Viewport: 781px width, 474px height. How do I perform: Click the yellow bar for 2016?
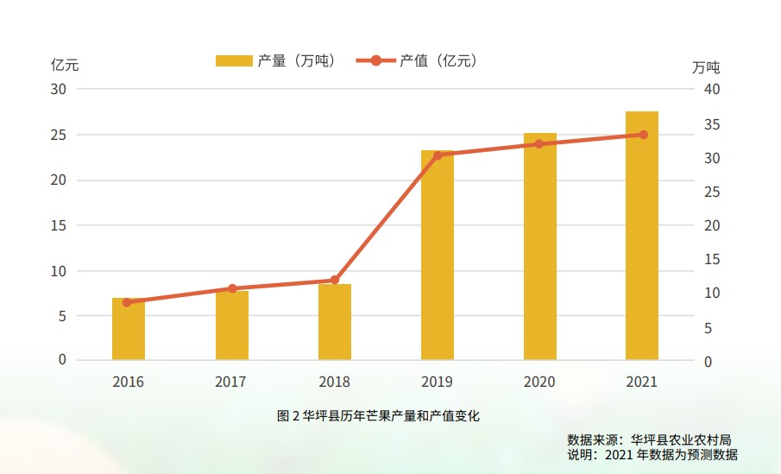click(129, 329)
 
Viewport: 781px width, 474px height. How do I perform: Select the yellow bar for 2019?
click(438, 256)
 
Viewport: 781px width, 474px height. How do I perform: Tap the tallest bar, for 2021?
click(642, 236)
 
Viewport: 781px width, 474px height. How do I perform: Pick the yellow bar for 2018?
click(335, 322)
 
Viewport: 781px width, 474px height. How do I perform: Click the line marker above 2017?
click(232, 288)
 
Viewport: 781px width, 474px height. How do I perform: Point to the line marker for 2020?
click(540, 144)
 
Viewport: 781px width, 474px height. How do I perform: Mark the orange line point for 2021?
click(643, 135)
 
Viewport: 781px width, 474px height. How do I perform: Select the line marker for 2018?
click(335, 280)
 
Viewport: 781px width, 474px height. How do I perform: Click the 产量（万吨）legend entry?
click(274, 60)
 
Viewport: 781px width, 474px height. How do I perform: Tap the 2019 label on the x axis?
click(437, 382)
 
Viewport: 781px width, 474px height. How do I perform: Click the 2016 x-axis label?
click(129, 382)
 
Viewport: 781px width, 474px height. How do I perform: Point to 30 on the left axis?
click(58, 89)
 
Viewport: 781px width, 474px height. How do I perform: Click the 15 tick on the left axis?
click(58, 225)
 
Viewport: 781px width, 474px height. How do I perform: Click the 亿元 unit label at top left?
click(65, 65)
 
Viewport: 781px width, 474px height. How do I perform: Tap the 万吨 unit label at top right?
click(706, 66)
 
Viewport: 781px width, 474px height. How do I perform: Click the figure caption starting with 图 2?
click(378, 416)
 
